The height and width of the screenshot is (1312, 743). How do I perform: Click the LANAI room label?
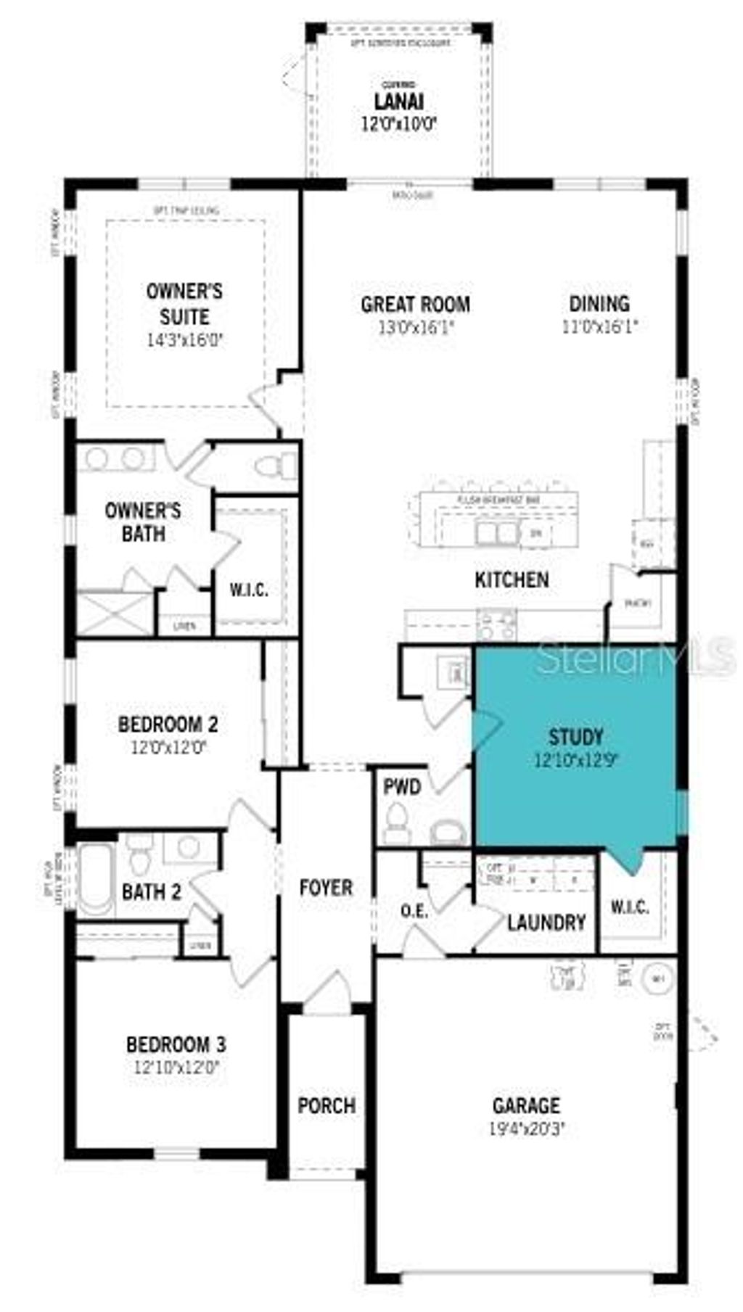[x=399, y=102]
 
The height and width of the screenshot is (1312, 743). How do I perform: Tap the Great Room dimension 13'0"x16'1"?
[x=415, y=327]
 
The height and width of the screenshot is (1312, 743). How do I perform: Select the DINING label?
[x=599, y=304]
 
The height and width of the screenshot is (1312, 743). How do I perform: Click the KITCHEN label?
[x=512, y=580]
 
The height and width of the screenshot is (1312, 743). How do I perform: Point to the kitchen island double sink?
[x=497, y=533]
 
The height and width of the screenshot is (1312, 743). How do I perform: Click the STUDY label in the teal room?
[x=576, y=738]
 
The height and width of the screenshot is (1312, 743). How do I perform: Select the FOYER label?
[x=326, y=888]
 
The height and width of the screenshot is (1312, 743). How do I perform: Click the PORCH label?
[x=327, y=1106]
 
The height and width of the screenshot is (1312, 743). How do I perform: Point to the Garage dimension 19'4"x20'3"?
[x=527, y=1129]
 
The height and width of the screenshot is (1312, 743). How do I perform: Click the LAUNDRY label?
[x=546, y=923]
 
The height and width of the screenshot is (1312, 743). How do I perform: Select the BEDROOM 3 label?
[x=176, y=1045]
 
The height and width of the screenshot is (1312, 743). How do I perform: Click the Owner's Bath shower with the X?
[x=114, y=614]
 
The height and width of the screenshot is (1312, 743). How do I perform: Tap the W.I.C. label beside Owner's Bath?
[x=249, y=590]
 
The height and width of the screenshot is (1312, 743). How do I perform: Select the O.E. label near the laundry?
[x=414, y=911]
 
